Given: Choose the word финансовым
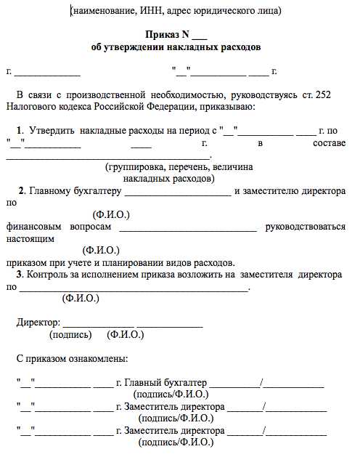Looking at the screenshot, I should point(34,226).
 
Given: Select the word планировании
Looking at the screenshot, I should point(152,262).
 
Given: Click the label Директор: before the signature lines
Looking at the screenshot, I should point(38,322).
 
